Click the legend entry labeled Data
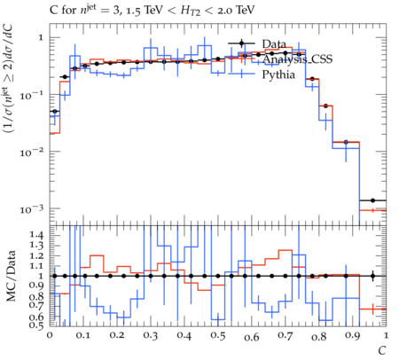tap(274, 44)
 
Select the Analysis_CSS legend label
tap(297, 59)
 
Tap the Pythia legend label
tap(278, 74)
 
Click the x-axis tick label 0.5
tap(218, 336)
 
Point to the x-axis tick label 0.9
tap(353, 336)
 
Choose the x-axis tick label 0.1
tap(83, 336)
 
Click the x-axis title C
tap(382, 351)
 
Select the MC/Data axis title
tap(12, 276)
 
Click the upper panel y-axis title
tap(12, 79)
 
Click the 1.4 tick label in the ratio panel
tap(36, 235)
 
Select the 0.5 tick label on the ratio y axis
tap(36, 325)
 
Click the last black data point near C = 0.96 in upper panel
tap(372, 200)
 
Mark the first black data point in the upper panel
tap(54, 112)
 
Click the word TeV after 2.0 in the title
tap(245, 11)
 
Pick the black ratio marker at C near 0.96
tap(372, 276)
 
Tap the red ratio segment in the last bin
tap(372, 309)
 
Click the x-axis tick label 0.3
tap(151, 336)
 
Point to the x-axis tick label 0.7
tap(286, 336)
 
